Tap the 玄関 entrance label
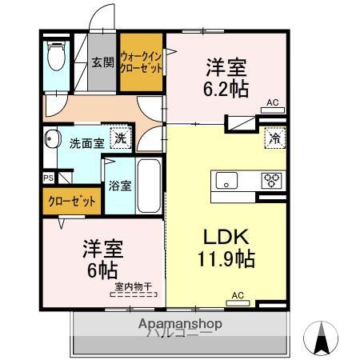(x=102, y=63)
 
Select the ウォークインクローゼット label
(x=142, y=62)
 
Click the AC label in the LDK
(x=237, y=295)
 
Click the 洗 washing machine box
(x=118, y=138)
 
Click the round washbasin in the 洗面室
(x=52, y=139)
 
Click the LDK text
(x=227, y=238)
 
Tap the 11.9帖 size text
(x=227, y=260)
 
